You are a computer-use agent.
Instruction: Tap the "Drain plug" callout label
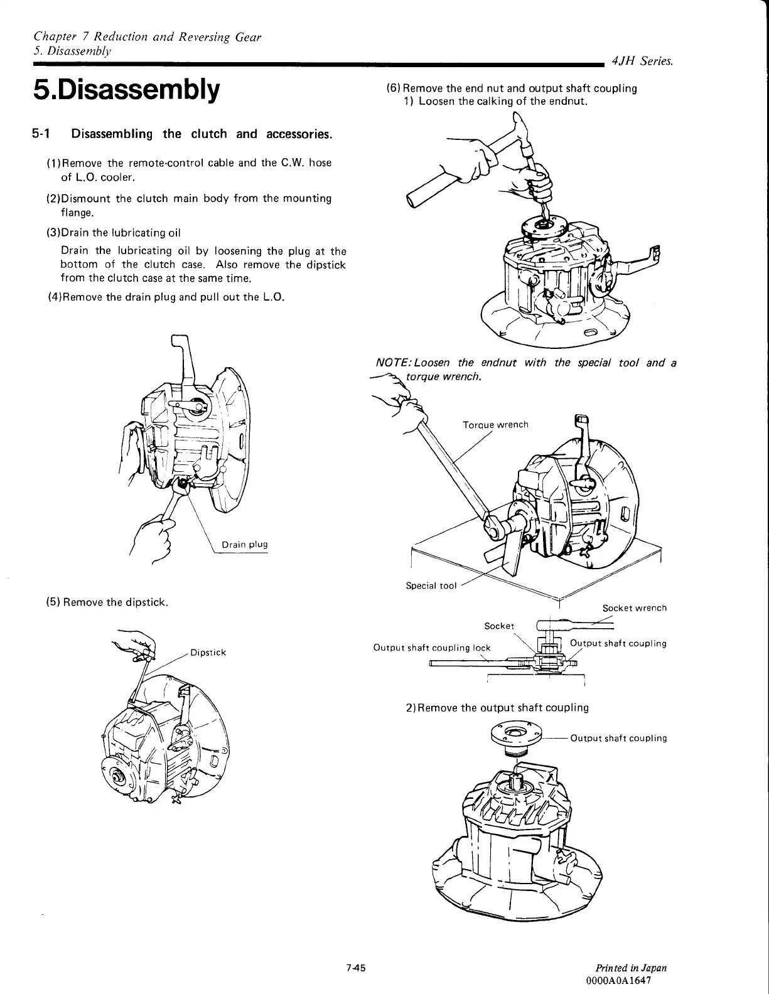(245, 544)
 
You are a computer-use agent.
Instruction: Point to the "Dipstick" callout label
(207, 653)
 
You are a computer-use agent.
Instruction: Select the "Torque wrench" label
(495, 425)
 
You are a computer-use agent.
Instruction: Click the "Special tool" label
(431, 585)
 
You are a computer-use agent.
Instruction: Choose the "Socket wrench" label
(634, 607)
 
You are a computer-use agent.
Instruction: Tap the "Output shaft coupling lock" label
(432, 648)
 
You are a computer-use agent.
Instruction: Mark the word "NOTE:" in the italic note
(394, 363)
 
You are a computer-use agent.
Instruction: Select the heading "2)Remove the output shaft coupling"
(497, 708)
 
